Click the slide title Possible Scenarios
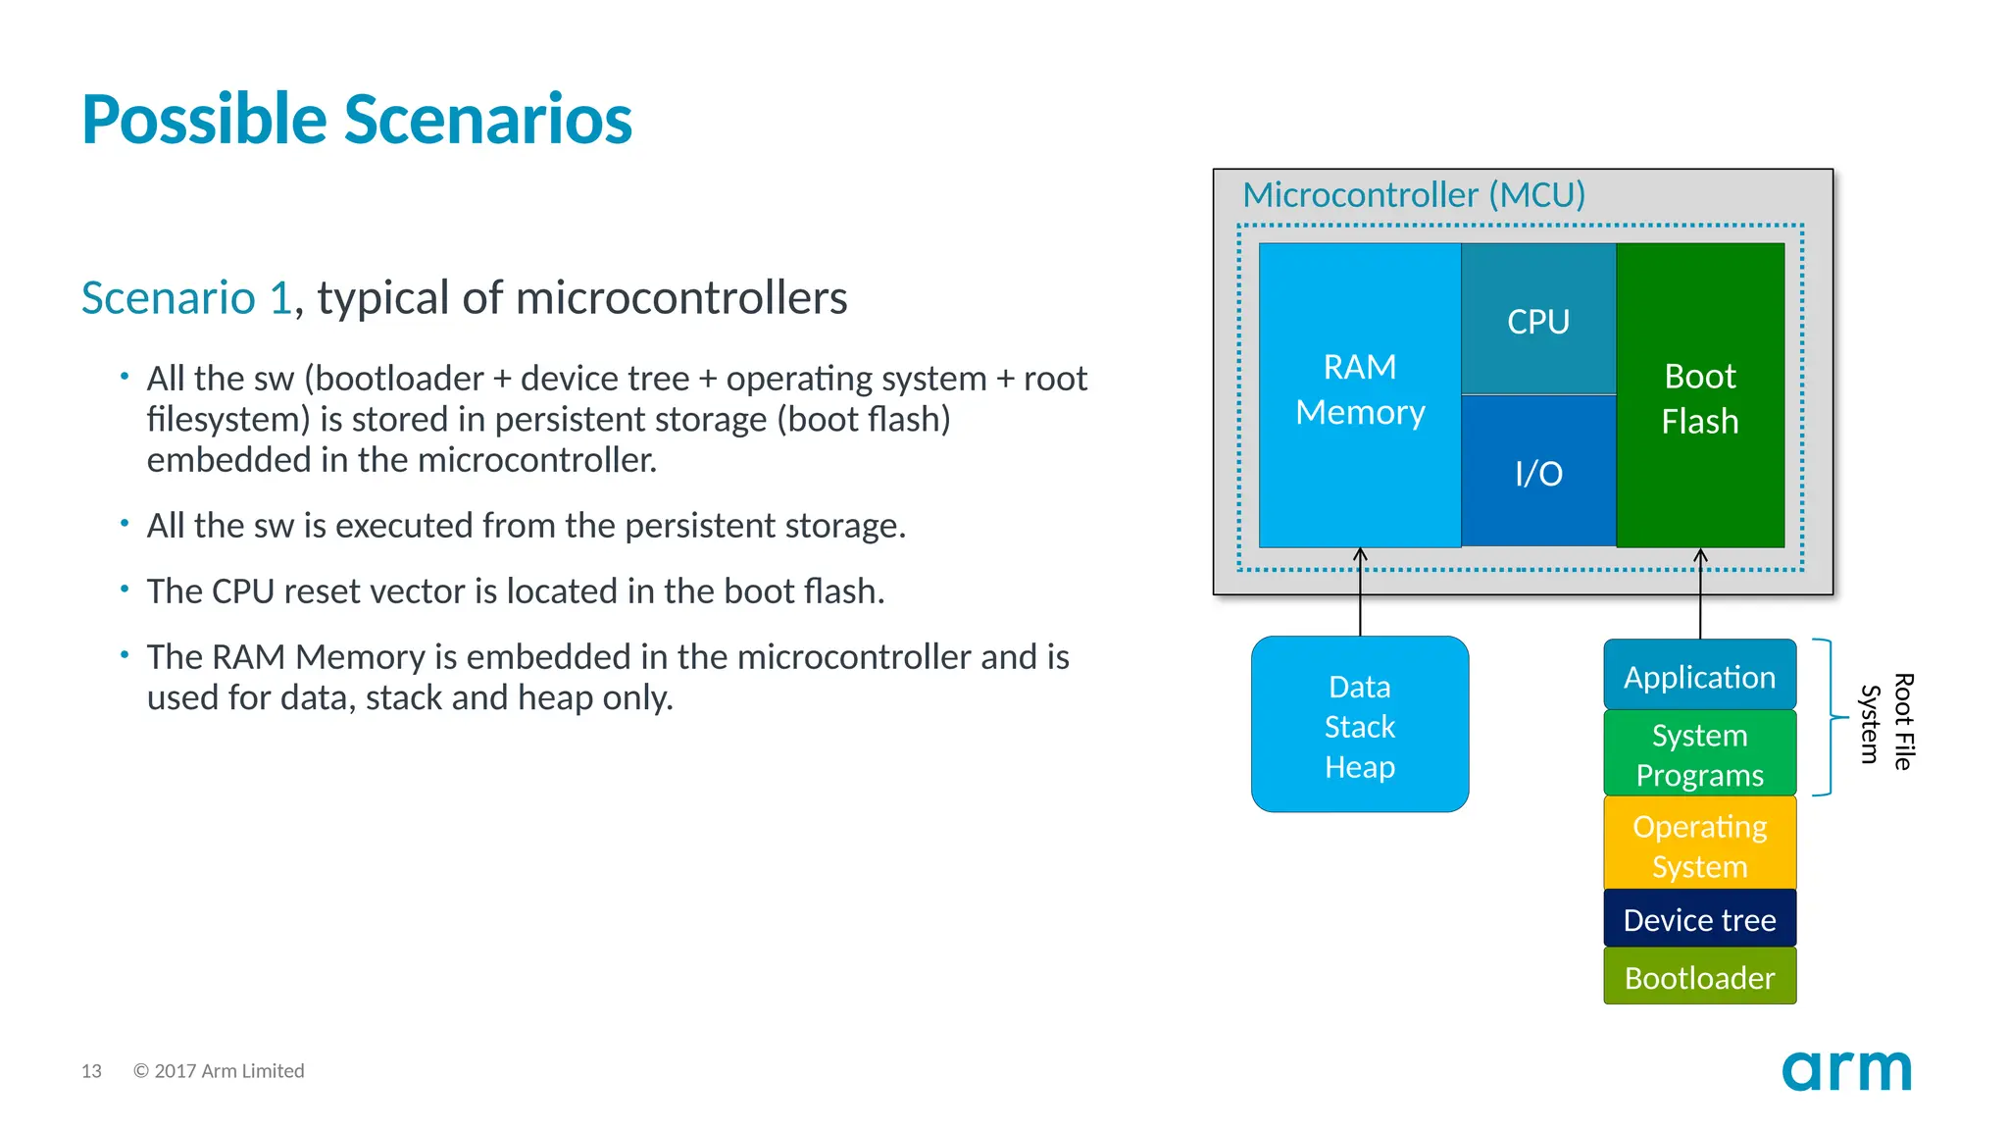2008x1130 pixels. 357,120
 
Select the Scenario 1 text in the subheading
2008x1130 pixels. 186,298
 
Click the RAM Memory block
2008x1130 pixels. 1360,392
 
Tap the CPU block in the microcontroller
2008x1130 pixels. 1537,321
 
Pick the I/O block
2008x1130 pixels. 1537,473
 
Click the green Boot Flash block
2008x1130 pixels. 1699,397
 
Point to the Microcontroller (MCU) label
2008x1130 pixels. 1414,194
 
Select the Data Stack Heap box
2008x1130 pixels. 1359,726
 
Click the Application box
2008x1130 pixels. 1699,676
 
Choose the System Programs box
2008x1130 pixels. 1699,754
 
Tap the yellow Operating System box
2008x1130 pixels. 1699,845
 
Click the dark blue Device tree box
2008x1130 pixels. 1699,919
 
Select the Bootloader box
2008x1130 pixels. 1699,977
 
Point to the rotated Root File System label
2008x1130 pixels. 1886,722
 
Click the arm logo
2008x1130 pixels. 1846,1070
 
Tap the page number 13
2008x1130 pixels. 91,1071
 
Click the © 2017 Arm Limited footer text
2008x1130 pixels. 219,1071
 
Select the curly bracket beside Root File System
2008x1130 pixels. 1830,718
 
